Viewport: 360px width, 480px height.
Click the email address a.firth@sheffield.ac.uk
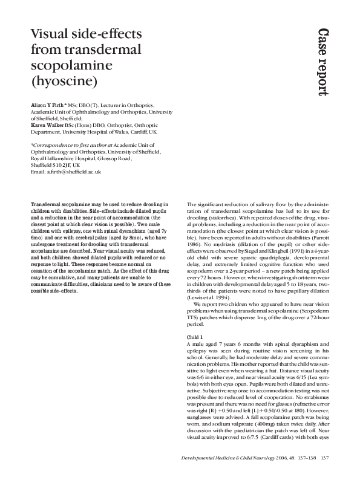(x=73, y=172)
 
